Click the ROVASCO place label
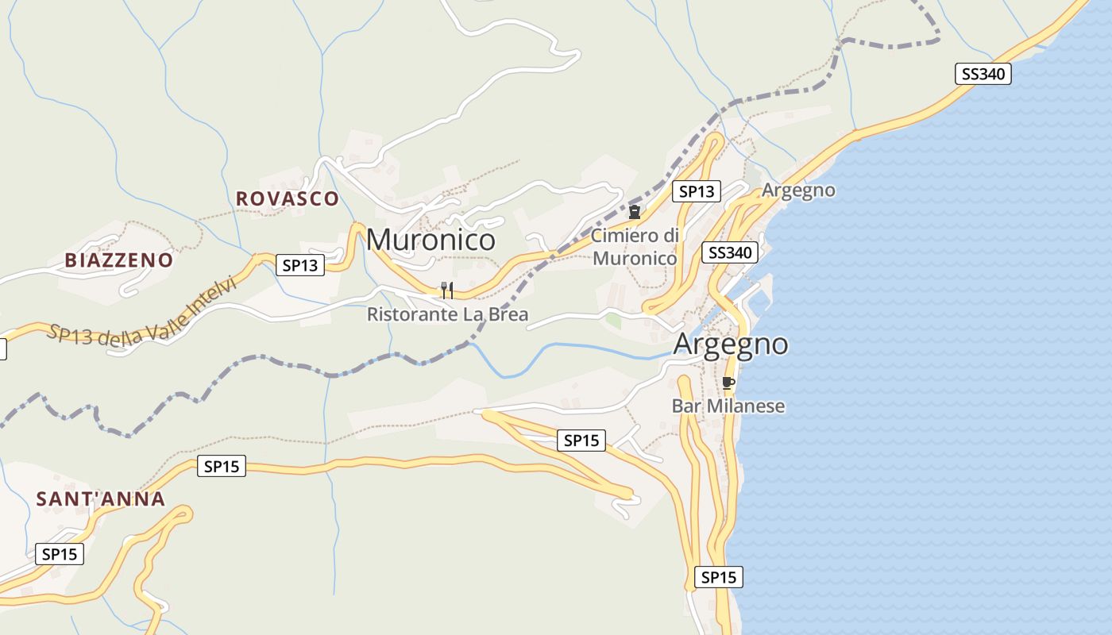pos(288,198)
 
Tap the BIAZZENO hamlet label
pos(119,260)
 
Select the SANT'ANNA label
pos(101,499)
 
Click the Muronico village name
pos(431,240)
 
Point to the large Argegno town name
pos(731,344)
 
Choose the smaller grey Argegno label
pos(798,190)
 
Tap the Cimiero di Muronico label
pos(635,247)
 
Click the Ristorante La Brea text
pos(447,315)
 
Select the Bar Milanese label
pos(728,406)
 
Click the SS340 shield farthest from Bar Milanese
pos(983,75)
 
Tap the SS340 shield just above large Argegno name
pos(730,252)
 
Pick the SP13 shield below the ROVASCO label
pos(300,265)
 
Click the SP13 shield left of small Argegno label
pos(696,191)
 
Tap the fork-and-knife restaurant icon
pos(447,291)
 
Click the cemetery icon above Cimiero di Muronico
pos(635,212)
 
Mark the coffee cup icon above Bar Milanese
pos(728,383)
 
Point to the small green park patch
pos(613,321)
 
